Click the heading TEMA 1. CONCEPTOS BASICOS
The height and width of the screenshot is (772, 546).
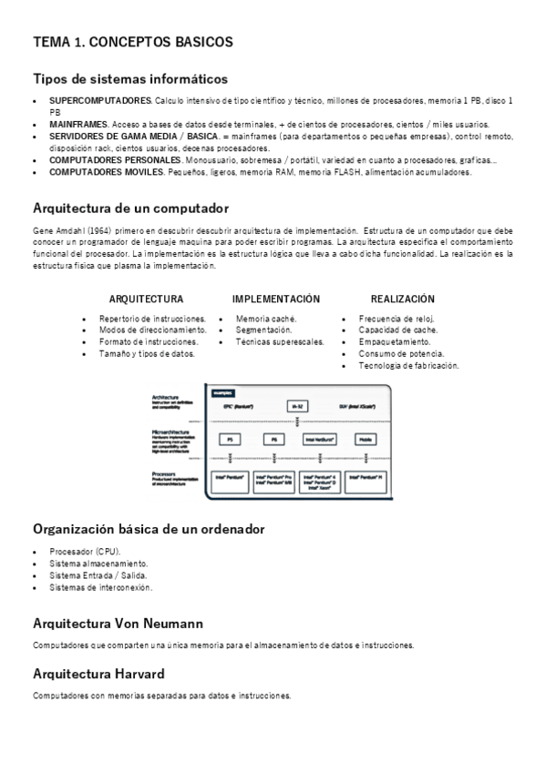coord(133,42)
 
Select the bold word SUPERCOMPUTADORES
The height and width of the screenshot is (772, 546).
coord(100,99)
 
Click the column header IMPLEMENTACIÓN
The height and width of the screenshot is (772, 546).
coord(275,299)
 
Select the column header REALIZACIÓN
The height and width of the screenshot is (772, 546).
coord(402,299)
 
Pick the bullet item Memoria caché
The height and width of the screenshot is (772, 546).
coord(266,319)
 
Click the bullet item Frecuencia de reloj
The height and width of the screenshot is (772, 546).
coord(397,319)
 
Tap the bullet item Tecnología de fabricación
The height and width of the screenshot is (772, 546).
coord(408,365)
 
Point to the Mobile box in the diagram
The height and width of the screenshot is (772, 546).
coord(366,439)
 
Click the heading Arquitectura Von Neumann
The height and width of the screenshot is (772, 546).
coord(118,624)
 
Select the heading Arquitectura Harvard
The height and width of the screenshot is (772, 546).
coord(98,674)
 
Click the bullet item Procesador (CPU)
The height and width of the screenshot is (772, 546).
coord(85,552)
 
